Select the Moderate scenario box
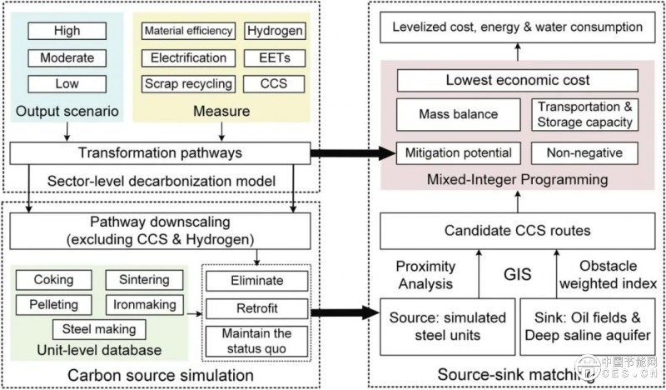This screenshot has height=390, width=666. tap(66, 59)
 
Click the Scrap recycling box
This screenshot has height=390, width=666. tap(188, 83)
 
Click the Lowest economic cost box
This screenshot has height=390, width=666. tap(518, 81)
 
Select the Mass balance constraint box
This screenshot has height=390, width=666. tap(458, 113)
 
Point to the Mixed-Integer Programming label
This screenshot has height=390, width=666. tap(518, 179)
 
